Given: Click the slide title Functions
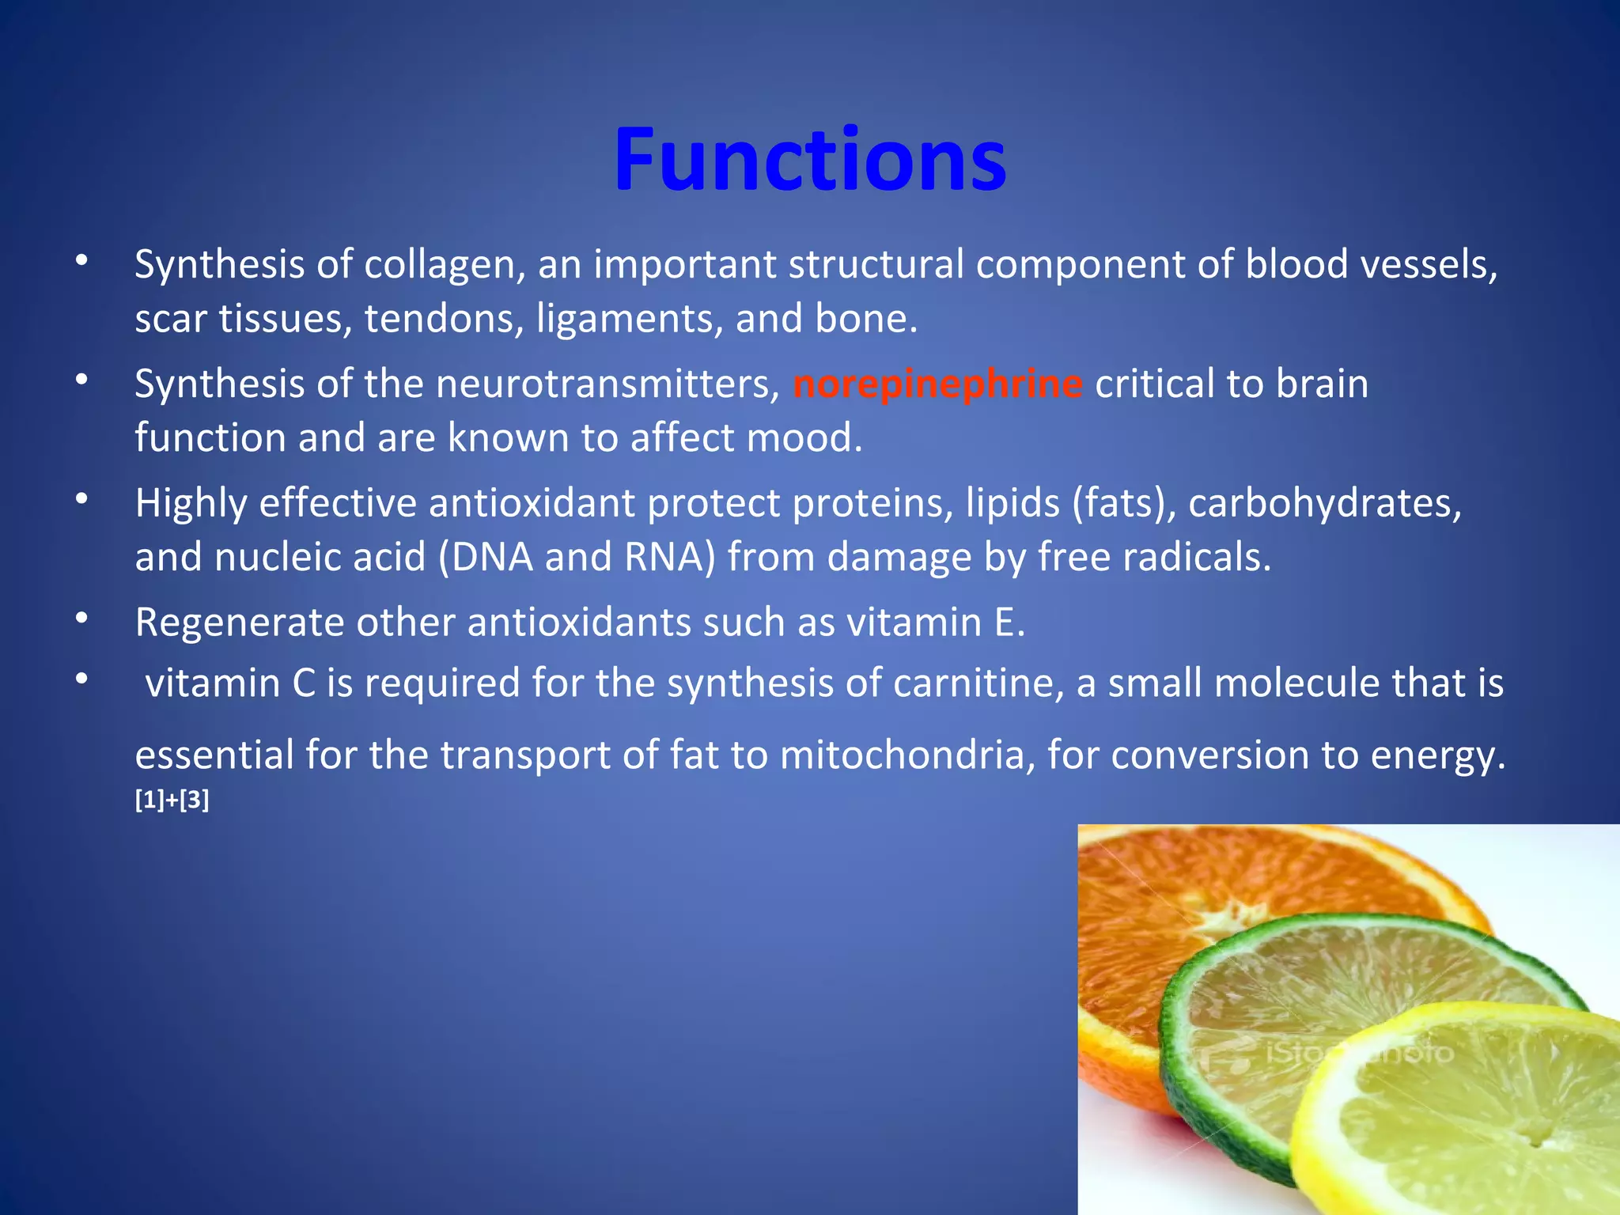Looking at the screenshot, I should click(x=810, y=160).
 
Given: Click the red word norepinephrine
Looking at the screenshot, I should click(x=937, y=384).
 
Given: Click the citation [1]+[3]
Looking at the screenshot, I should click(x=172, y=801).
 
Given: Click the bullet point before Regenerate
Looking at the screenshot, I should click(x=82, y=619).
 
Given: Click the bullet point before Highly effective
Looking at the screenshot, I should click(x=82, y=499).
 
